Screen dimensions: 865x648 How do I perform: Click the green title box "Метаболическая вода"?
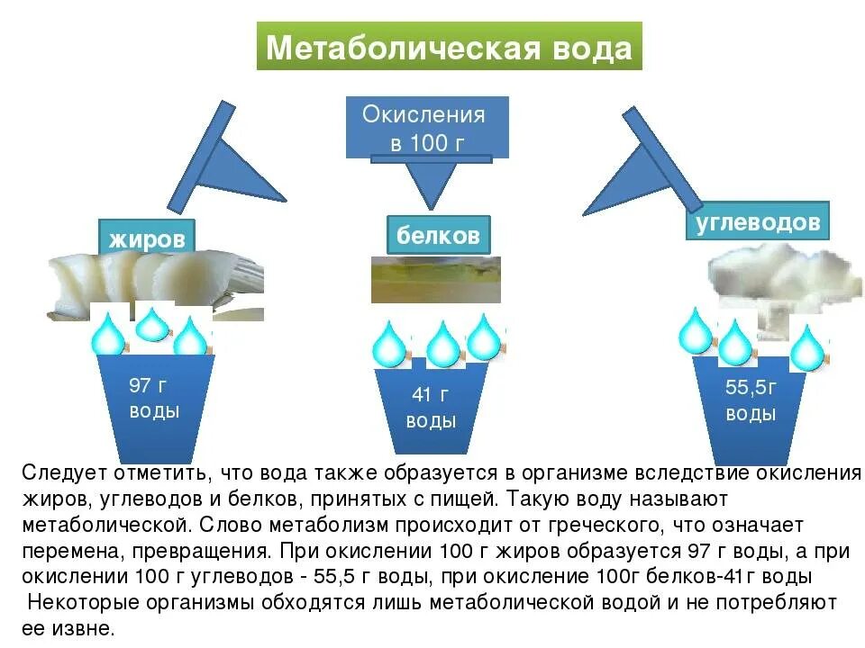coord(449,46)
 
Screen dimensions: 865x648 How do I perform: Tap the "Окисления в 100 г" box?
coord(427,127)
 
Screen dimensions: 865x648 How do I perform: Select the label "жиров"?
coord(147,238)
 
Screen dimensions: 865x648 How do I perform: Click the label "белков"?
coord(439,235)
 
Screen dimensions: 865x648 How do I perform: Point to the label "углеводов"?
coord(758,221)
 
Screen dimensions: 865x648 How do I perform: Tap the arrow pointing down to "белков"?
coord(431,182)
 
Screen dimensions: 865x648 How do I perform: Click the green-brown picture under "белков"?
coord(436,279)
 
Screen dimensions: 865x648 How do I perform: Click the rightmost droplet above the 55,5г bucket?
coord(807,348)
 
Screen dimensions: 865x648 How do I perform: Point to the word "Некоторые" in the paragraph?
coord(83,602)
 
